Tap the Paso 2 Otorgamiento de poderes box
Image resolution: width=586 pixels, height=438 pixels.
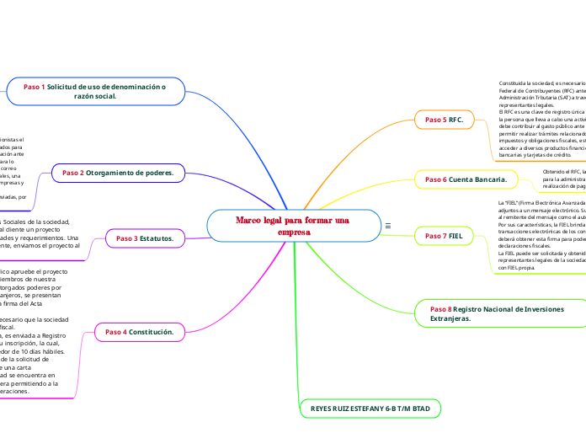click(117, 173)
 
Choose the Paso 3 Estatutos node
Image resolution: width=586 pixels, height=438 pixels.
click(144, 238)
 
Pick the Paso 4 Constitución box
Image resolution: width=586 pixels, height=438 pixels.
click(139, 332)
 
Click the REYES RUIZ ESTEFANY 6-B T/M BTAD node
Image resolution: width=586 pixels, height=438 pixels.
click(370, 409)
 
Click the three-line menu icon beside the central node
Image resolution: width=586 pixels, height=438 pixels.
click(387, 226)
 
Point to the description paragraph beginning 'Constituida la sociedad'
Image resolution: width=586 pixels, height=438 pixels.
click(541, 119)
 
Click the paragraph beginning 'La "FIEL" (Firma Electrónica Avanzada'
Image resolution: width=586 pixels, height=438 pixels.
click(540, 236)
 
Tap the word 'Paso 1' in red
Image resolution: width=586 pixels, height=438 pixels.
click(35, 87)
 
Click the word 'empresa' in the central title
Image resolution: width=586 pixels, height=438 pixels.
click(294, 232)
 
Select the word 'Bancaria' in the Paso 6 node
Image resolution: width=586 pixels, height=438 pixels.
click(489, 179)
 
